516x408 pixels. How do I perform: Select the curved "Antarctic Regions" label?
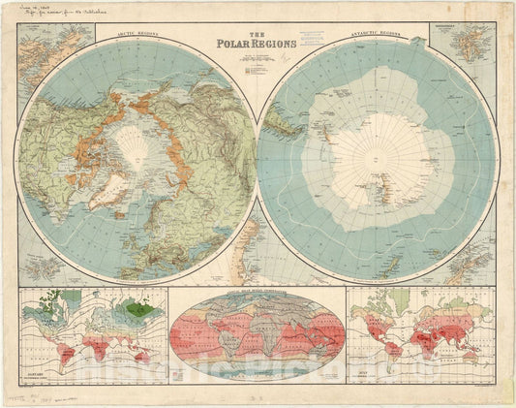click(x=377, y=42)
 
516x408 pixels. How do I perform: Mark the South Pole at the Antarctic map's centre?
click(x=378, y=155)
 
